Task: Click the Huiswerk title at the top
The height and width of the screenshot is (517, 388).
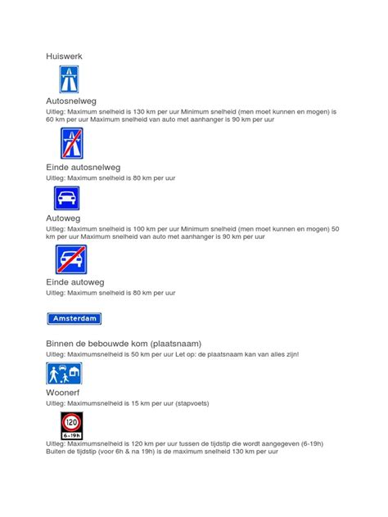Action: click(64, 56)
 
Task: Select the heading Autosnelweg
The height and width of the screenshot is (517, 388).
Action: click(71, 101)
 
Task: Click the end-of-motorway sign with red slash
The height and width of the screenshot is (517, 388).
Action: click(71, 143)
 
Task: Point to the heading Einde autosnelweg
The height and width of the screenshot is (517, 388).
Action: click(88, 167)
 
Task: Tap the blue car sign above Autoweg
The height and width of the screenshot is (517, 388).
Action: click(67, 198)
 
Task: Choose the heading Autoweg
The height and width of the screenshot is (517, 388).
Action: click(65, 218)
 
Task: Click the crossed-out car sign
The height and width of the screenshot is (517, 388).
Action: click(71, 260)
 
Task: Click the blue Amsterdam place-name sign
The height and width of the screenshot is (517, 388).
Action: click(74, 318)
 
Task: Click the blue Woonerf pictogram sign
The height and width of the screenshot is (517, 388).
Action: click(64, 374)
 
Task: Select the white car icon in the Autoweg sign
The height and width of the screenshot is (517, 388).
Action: click(67, 198)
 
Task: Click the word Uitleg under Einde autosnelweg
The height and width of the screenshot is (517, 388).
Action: click(57, 177)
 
